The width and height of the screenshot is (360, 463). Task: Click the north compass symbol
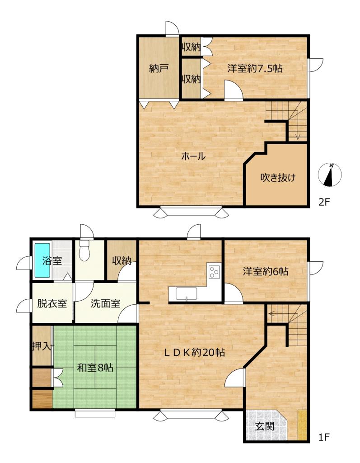(330, 175)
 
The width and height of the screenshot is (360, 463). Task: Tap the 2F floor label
(323, 202)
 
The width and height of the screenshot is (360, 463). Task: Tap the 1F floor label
(323, 437)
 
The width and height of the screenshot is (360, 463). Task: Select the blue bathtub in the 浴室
(42, 260)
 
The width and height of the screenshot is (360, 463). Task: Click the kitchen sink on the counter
(187, 293)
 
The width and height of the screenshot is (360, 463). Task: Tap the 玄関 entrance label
(265, 426)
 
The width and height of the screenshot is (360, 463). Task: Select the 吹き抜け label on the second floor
(278, 177)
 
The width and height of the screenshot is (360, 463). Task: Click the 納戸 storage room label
(159, 69)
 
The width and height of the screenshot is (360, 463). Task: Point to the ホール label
(193, 156)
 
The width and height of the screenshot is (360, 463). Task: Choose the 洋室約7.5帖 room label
(255, 69)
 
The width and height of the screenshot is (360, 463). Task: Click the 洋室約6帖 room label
(266, 271)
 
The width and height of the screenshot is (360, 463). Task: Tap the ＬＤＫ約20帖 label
(195, 352)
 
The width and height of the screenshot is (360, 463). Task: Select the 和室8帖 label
(95, 368)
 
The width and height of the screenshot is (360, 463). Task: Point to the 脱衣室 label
(52, 303)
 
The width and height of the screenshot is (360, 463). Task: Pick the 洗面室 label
(105, 303)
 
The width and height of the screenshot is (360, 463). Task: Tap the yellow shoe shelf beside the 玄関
(302, 425)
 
